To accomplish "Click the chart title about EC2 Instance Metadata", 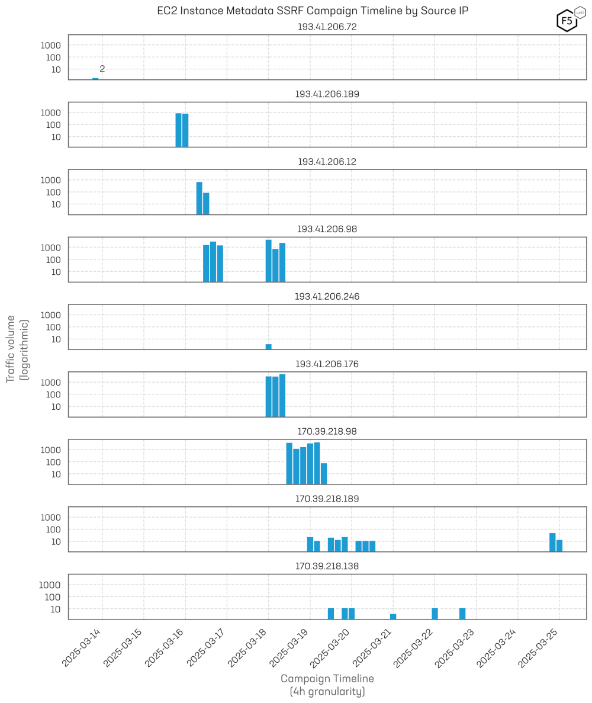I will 313,11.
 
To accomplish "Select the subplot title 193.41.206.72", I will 327,27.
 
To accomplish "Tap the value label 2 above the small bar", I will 102,69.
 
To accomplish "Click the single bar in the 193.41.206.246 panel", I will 268,346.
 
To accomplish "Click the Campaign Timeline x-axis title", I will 327,678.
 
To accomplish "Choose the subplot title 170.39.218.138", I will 327,566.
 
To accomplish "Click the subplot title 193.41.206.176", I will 327,364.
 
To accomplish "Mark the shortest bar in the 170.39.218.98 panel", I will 324,473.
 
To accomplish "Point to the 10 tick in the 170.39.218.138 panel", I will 55,609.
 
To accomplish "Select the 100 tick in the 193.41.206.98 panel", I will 53,259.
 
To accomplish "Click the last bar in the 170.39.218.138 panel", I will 462,614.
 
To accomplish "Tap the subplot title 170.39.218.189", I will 327,499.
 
